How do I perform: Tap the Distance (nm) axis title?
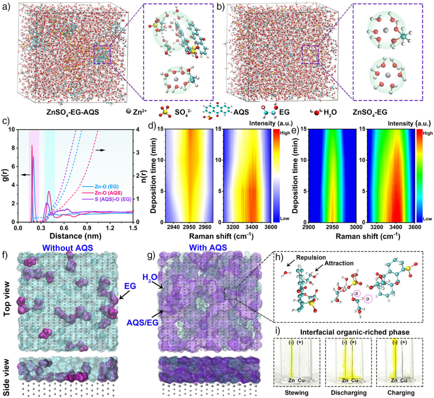(75, 234)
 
